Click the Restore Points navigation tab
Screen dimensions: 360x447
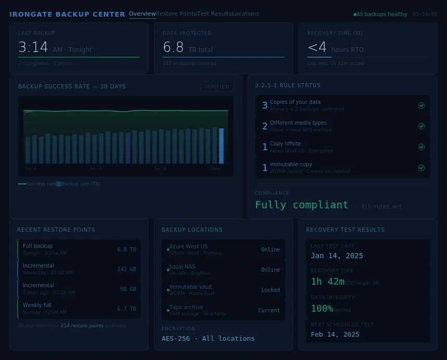[176, 14]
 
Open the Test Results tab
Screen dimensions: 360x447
[214, 14]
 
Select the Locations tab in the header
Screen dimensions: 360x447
[245, 14]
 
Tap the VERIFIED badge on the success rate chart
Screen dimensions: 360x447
[217, 87]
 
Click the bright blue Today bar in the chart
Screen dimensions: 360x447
[221, 146]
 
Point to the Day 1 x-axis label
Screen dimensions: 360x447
[31, 169]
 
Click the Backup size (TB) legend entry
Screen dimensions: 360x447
[81, 184]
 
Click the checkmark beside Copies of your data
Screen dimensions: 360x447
[422, 105]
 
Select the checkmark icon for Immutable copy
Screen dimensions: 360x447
[422, 168]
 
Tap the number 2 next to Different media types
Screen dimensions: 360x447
[265, 126]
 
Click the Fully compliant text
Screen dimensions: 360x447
[301, 205]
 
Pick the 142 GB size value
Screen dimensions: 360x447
[126, 269]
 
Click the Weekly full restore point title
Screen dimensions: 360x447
[37, 305]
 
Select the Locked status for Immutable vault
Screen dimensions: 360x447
[270, 290]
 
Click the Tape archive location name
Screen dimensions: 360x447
[186, 307]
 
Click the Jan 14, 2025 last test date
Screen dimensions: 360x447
[337, 256]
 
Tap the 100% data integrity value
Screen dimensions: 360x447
[322, 309]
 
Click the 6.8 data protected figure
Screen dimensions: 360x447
[173, 48]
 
